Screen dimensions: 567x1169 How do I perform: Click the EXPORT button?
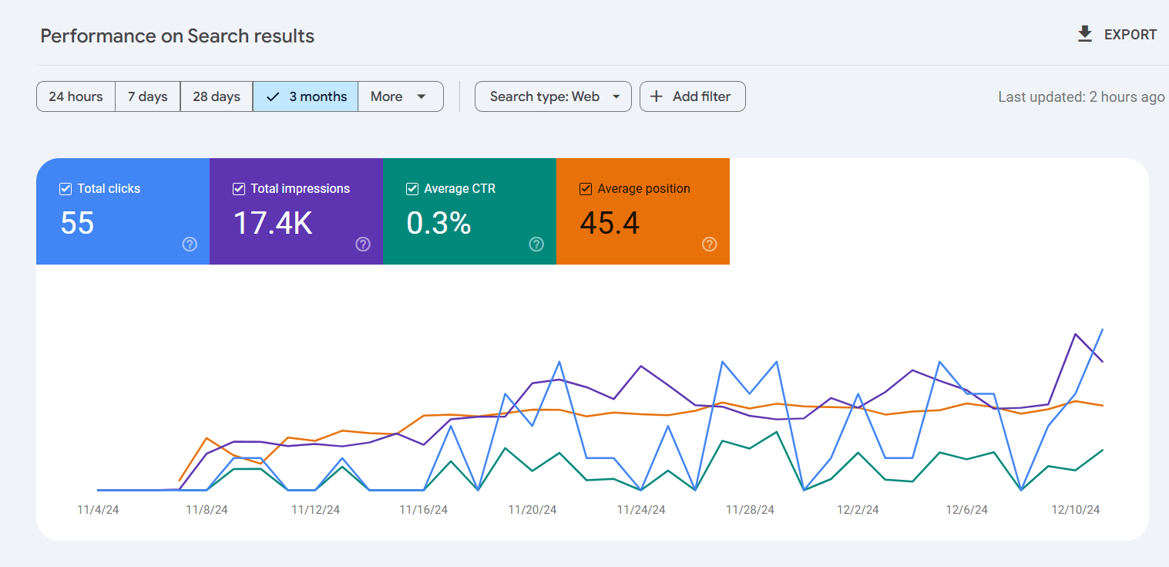point(1117,35)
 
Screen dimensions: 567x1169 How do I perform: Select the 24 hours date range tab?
point(76,96)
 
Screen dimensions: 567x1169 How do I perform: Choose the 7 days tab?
point(147,96)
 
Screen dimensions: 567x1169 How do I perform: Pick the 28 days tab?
point(216,96)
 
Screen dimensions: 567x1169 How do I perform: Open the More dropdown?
point(399,96)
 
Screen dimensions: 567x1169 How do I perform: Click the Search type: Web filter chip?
point(553,96)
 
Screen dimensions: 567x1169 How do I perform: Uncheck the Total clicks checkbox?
point(66,189)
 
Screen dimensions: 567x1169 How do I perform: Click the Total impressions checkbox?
point(239,189)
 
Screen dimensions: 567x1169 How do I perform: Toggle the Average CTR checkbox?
point(412,189)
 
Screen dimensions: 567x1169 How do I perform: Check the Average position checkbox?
point(586,189)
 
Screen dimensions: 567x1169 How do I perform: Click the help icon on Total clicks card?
point(190,244)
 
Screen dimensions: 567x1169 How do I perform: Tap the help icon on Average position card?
point(710,244)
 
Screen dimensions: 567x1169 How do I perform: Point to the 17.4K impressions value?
point(273,223)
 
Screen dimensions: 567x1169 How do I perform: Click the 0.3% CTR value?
point(438,223)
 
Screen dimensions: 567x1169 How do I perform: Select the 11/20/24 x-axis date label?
point(532,510)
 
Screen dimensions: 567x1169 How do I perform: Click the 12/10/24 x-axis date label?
point(1076,510)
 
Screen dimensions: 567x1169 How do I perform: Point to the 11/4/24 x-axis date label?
point(98,510)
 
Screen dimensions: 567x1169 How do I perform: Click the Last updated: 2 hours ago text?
point(1080,97)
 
